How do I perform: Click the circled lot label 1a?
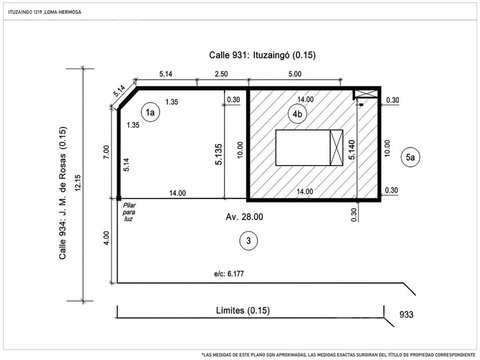tap(150, 113)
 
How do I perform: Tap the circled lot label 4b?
tap(297, 114)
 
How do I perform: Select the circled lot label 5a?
tap(410, 157)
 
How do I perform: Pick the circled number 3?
tap(248, 241)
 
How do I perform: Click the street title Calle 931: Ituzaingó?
tap(262, 55)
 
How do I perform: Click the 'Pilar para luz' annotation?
tap(129, 212)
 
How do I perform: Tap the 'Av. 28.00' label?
tap(245, 217)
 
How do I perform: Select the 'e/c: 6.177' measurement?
tap(229, 273)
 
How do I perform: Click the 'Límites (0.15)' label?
tap(243, 310)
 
